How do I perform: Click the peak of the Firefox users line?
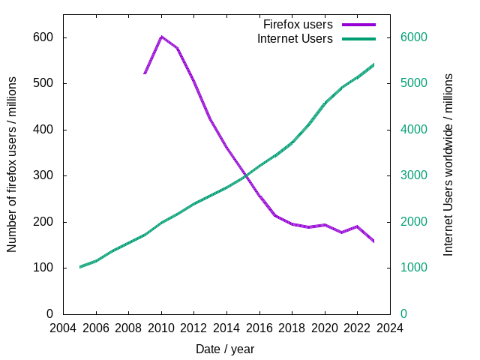click(x=161, y=36)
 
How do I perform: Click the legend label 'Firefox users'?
click(x=298, y=25)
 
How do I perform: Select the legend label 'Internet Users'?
click(x=295, y=38)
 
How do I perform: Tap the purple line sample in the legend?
click(x=358, y=25)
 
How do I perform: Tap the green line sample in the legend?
click(x=358, y=38)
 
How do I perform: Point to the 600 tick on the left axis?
click(x=44, y=37)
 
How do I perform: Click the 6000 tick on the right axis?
click(x=412, y=37)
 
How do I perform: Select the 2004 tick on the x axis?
click(x=63, y=328)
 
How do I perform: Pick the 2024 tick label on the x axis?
click(x=390, y=328)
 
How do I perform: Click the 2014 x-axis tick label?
click(x=226, y=328)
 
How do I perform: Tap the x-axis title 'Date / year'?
click(x=225, y=349)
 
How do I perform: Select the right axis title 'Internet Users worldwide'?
click(x=448, y=164)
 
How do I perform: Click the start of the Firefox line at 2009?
click(x=145, y=73)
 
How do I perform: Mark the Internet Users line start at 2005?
click(x=79, y=267)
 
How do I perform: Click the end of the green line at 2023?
click(x=373, y=64)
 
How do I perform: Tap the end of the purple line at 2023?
click(x=373, y=241)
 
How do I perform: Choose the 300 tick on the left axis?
click(x=44, y=175)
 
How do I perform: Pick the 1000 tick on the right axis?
click(x=412, y=268)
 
